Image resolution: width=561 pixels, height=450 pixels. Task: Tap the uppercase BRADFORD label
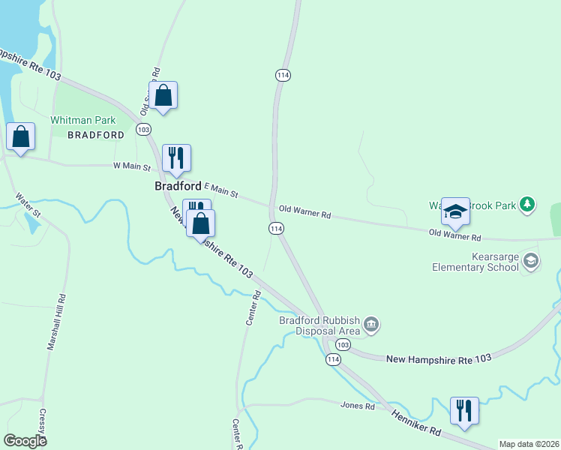(95, 135)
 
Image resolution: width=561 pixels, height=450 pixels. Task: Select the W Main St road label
(132, 166)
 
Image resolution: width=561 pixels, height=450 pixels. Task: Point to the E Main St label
(220, 191)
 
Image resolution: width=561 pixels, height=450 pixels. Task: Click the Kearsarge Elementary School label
(474, 262)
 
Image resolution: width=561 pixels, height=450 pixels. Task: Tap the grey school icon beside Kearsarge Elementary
(531, 261)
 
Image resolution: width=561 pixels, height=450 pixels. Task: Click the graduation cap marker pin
(455, 212)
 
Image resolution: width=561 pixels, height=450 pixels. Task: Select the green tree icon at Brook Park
(528, 204)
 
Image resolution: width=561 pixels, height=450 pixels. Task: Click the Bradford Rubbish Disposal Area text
(320, 325)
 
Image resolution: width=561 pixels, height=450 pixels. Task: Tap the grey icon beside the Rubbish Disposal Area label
(371, 325)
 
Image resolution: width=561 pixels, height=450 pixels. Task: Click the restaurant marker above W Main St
(176, 158)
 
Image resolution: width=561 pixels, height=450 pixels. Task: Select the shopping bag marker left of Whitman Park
(21, 137)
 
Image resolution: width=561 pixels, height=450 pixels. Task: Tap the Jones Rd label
(357, 406)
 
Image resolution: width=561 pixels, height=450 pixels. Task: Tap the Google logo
(25, 440)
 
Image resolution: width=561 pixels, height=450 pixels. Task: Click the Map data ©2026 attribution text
(529, 444)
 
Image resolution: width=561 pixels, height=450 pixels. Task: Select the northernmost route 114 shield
(283, 76)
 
